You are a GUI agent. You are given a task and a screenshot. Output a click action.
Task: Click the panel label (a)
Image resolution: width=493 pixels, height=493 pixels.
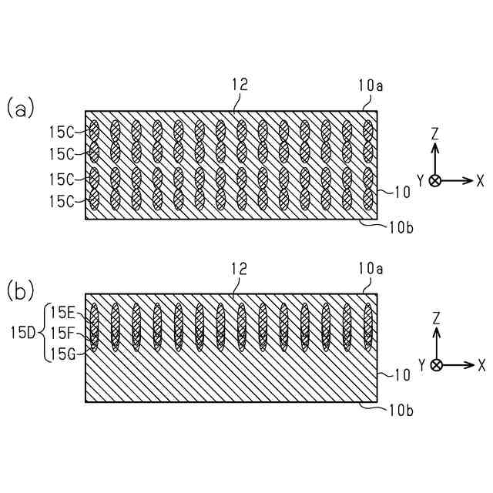(x=21, y=109)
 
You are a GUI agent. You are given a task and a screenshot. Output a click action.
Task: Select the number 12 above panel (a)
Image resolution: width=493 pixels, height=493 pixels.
(x=240, y=85)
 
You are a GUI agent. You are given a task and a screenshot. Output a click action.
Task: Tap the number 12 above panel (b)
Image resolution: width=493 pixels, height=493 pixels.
(x=240, y=268)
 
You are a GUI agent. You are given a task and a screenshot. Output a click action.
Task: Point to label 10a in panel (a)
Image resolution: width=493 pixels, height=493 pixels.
(x=371, y=85)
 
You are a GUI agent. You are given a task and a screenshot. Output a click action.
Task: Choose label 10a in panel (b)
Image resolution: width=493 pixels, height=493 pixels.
(x=371, y=268)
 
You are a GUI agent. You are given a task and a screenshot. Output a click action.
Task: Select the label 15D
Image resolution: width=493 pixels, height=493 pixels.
(x=23, y=334)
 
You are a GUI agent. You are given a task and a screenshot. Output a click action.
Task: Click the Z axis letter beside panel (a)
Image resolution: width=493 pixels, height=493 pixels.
(x=435, y=132)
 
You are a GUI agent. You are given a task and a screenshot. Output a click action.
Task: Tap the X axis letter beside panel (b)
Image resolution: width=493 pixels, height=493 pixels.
(x=480, y=364)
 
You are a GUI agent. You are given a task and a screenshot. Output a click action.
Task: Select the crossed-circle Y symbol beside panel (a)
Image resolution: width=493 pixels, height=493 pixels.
(x=436, y=180)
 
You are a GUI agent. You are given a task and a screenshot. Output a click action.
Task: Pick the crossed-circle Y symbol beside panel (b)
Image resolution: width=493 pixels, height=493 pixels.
(x=436, y=364)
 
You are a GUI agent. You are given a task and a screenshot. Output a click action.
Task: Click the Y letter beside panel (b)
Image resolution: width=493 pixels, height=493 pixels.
(x=421, y=364)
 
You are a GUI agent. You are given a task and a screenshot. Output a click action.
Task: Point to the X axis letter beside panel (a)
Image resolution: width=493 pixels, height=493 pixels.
(x=480, y=180)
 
